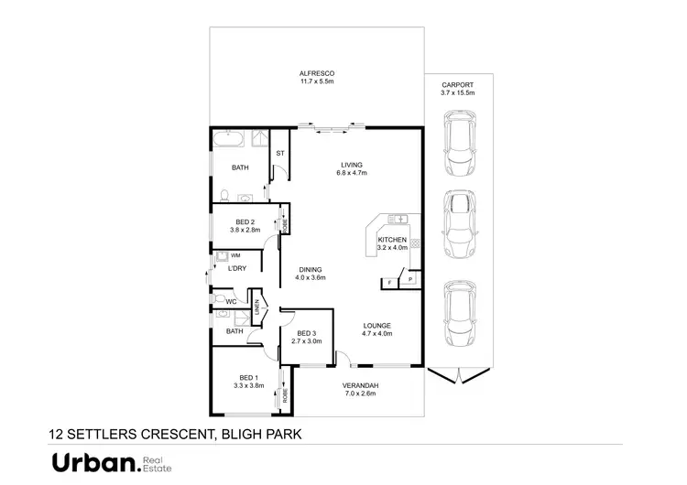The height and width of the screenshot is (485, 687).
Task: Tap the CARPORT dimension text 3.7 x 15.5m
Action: click(458, 92)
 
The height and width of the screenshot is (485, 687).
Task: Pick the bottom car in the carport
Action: click(458, 313)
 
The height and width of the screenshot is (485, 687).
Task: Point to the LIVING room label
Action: click(352, 165)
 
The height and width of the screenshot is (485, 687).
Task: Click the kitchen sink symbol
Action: click(400, 220)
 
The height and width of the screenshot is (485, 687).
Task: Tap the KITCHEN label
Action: click(392, 240)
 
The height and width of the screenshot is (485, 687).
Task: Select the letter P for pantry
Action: click(409, 277)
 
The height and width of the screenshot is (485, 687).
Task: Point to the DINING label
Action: click(310, 269)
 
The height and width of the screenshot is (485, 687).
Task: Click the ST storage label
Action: click(280, 152)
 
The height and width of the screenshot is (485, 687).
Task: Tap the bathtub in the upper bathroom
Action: click(230, 141)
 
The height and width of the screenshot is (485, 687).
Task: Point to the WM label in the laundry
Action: click(235, 255)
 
